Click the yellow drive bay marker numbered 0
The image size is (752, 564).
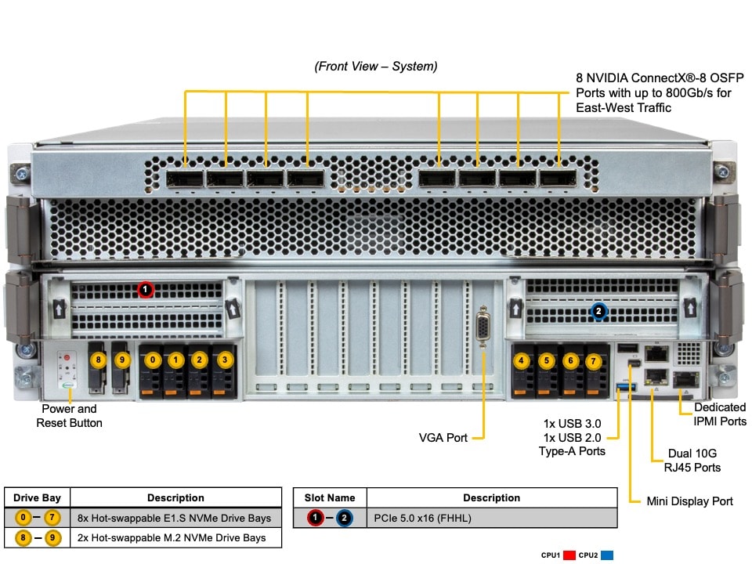(154, 360)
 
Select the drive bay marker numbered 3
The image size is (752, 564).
(224, 360)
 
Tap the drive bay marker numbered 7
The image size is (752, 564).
(593, 361)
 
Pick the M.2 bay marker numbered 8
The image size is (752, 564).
(98, 360)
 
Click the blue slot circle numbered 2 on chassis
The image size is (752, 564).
(598, 312)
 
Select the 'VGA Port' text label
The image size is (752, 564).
(443, 438)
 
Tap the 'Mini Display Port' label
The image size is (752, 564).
(690, 501)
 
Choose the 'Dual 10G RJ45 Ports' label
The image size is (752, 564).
(692, 460)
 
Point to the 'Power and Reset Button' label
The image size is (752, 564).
(69, 416)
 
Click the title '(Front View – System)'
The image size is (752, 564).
(376, 67)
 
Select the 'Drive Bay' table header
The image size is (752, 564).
(37, 497)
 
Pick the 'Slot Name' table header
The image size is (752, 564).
(329, 497)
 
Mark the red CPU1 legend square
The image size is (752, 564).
(569, 555)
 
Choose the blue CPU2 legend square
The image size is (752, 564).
(606, 555)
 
